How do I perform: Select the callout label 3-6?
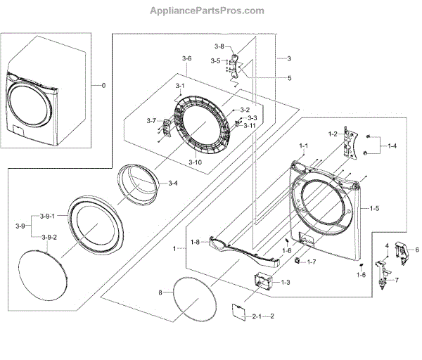[x=186, y=58]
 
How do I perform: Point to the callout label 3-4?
[x=172, y=183]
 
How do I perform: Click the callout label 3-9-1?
[x=47, y=214]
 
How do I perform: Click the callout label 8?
[x=160, y=291]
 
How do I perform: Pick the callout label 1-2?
[x=333, y=133]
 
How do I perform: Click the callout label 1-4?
[x=390, y=146]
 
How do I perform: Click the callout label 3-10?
[x=196, y=162]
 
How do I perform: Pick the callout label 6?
[x=416, y=249]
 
